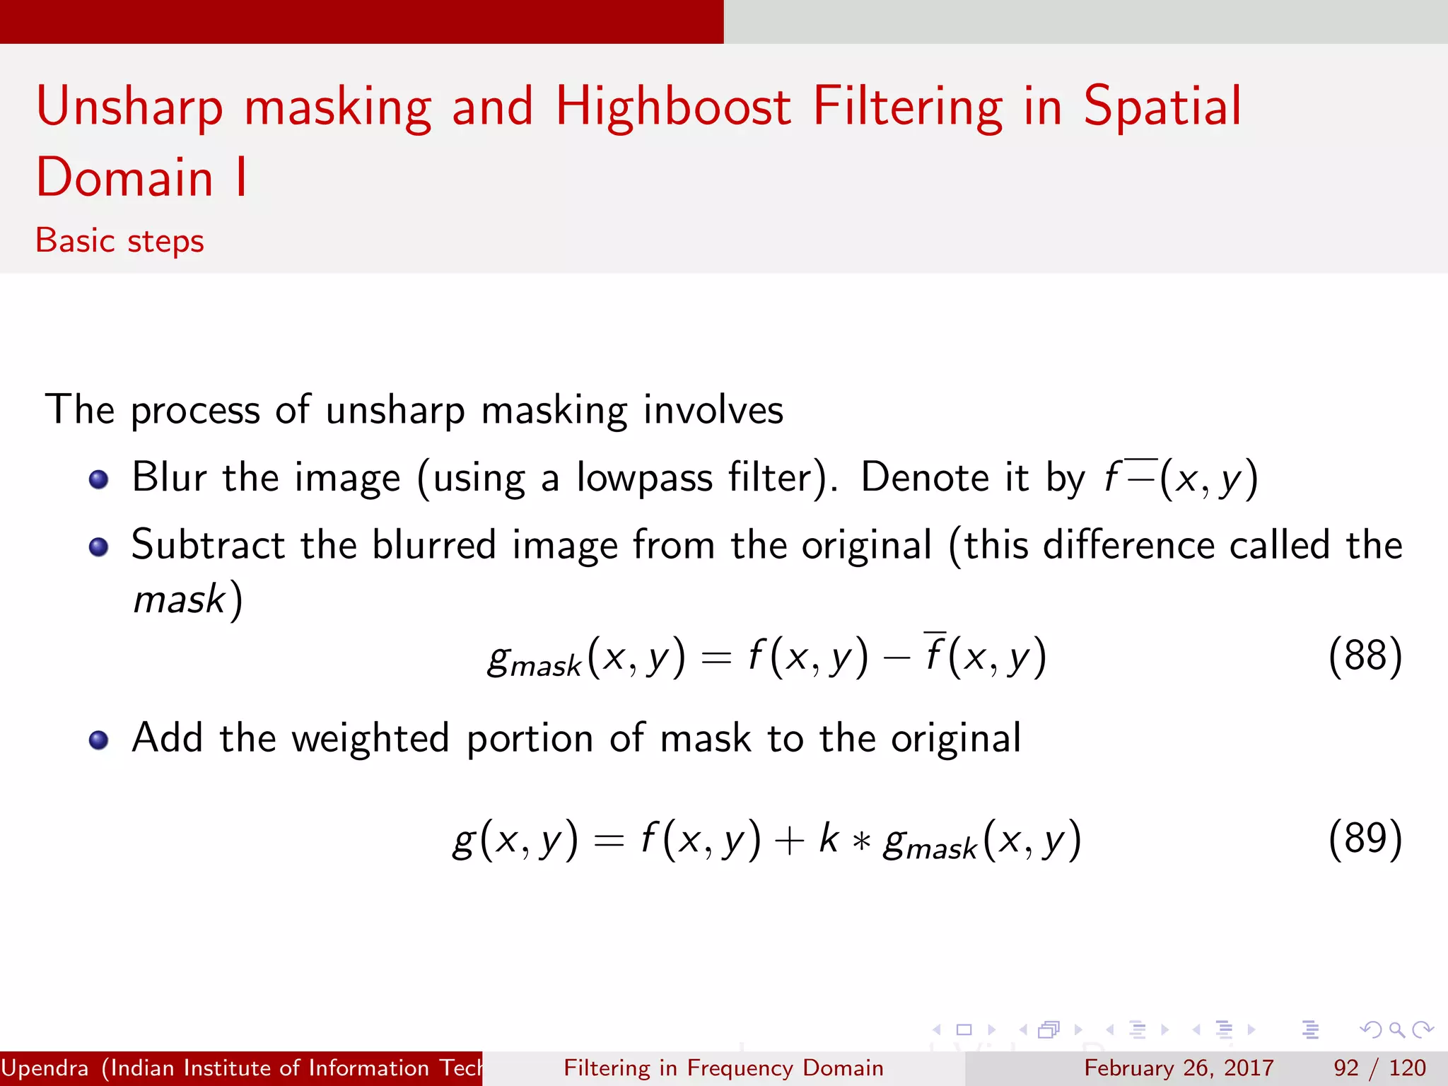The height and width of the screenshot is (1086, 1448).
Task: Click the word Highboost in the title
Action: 672,107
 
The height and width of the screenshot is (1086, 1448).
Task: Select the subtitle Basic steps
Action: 119,241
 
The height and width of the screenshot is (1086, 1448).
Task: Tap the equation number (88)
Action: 1365,655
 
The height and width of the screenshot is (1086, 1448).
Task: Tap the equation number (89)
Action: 1365,839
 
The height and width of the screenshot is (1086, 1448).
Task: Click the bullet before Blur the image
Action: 98,480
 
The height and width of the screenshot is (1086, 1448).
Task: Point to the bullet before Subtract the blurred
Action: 98,547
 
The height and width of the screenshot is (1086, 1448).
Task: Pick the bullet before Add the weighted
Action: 98,740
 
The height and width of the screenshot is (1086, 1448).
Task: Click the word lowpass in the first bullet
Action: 644,478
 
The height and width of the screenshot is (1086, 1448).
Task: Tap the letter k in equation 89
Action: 828,839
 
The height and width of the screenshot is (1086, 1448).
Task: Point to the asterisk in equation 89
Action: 861,841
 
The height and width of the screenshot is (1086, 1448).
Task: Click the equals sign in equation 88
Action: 716,658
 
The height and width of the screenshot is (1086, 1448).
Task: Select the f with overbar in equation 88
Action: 935,653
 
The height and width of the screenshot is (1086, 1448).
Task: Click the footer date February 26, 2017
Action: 1179,1068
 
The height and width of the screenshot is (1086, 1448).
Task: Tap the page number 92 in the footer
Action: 1346,1068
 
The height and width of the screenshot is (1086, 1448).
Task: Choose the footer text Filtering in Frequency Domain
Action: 723,1068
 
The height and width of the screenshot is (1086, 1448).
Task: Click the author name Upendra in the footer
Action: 45,1068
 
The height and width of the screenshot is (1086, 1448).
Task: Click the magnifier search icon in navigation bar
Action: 1396,1029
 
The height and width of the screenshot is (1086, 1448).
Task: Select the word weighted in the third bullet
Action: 370,739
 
